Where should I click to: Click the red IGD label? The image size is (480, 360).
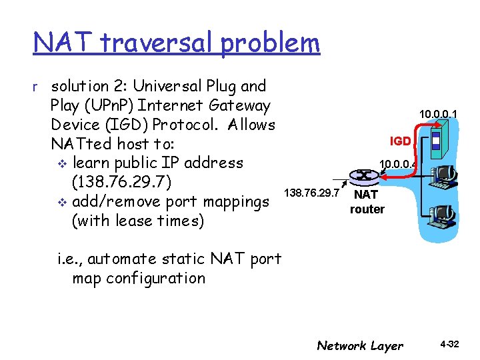tap(401, 141)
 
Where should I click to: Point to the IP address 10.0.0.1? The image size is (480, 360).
tap(438, 114)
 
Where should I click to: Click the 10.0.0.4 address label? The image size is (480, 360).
tap(397, 163)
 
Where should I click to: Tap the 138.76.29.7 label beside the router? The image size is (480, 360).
tap(312, 193)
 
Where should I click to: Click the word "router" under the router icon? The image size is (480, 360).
tap(367, 209)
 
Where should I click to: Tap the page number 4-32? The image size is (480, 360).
tap(449, 345)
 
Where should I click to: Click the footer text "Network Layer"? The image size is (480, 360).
tap(360, 345)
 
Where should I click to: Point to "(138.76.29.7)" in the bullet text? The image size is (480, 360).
tap(122, 182)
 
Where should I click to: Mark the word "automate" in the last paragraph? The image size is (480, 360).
tap(121, 259)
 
